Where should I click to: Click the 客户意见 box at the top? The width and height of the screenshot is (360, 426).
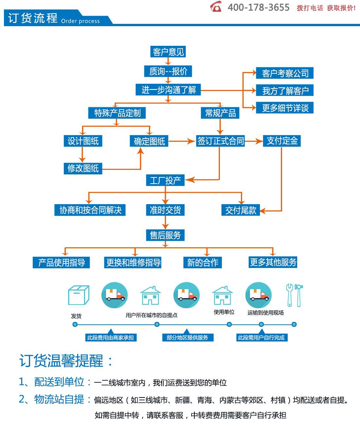(168, 52)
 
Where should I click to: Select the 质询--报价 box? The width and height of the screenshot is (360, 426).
(168, 71)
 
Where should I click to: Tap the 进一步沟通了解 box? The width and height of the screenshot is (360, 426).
(168, 90)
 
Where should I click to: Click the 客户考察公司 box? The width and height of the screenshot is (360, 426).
(285, 73)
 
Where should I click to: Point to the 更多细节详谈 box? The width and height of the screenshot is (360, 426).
(285, 108)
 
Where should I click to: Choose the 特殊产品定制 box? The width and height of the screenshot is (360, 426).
(117, 113)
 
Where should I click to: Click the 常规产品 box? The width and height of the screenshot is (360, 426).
(220, 113)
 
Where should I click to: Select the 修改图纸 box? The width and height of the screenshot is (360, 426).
(83, 168)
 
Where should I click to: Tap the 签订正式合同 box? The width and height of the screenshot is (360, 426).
(220, 141)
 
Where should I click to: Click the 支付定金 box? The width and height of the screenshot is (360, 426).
(282, 141)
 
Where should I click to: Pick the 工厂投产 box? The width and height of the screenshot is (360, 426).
(165, 180)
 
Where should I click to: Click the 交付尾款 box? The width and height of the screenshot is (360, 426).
(241, 210)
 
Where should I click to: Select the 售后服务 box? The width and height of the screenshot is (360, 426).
(165, 235)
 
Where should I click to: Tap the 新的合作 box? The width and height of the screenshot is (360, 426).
(203, 262)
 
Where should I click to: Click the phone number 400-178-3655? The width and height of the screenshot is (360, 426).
(259, 8)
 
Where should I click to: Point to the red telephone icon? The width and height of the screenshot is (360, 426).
(216, 7)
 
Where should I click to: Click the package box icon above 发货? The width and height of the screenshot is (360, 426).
(79, 295)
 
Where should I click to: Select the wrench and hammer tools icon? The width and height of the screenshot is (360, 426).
(294, 295)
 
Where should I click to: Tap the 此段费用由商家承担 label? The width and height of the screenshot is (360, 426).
(111, 338)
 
